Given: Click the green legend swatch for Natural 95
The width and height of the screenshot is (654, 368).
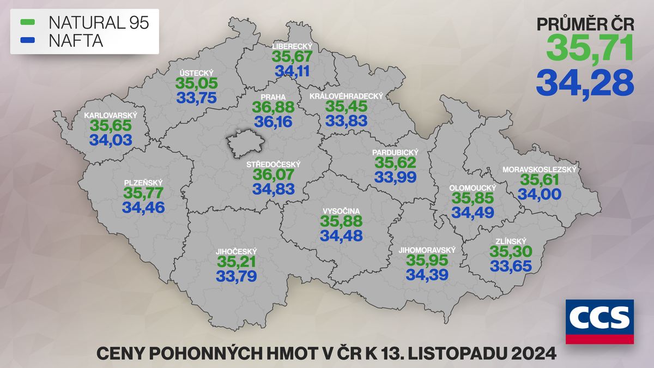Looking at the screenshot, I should (27, 22).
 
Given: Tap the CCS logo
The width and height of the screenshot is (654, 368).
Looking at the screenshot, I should (599, 322).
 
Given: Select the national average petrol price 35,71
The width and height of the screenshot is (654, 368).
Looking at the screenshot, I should (590, 47).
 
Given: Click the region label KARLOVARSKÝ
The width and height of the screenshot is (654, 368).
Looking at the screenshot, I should (110, 116).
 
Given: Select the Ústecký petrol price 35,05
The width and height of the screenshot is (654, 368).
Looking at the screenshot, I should (197, 83).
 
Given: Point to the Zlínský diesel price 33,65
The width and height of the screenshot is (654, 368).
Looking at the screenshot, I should (511, 266).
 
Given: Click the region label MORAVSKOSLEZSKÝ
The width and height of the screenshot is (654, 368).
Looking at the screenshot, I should (540, 170).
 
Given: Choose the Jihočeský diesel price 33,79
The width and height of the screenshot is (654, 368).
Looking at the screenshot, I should (236, 276).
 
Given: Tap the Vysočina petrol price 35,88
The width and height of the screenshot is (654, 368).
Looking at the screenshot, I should (341, 221).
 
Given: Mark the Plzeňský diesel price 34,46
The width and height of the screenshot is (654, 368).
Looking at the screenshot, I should (143, 208).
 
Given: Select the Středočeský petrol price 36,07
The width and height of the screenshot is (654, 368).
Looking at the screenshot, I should (274, 174).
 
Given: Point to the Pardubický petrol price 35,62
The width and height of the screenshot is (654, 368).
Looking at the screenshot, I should (395, 162).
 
